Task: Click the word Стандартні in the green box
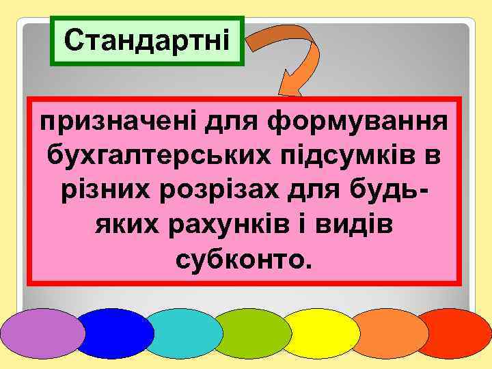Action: (147, 40)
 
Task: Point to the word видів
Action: (361, 223)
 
